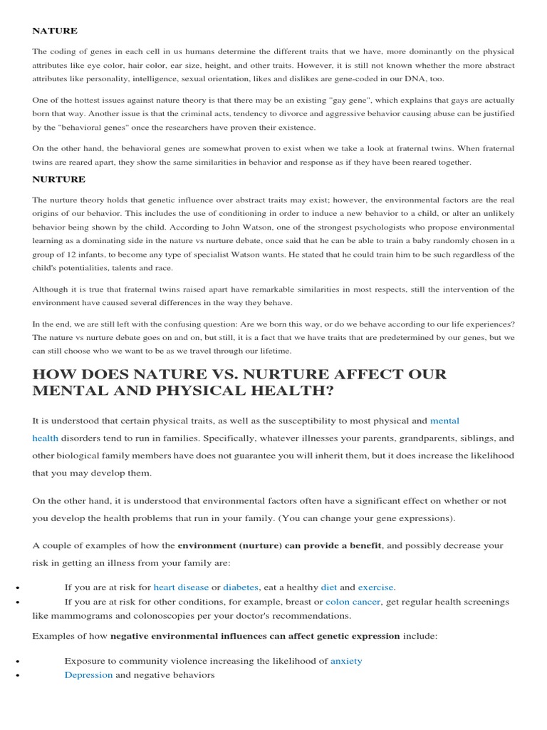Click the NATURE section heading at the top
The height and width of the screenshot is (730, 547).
[55, 31]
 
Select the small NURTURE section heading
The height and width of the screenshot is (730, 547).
[59, 180]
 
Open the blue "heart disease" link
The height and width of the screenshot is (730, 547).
[181, 587]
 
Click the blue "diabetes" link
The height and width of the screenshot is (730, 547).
[241, 587]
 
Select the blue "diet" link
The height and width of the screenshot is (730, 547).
[329, 587]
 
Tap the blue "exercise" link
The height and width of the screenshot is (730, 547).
[375, 587]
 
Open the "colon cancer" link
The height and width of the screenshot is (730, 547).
[353, 602]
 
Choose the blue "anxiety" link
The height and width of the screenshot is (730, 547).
[346, 661]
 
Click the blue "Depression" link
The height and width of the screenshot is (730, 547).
[88, 674]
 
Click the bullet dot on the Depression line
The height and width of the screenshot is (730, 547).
[15, 675]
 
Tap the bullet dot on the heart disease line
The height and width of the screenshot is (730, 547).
[15, 588]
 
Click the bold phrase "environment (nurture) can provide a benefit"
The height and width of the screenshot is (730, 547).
[280, 545]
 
